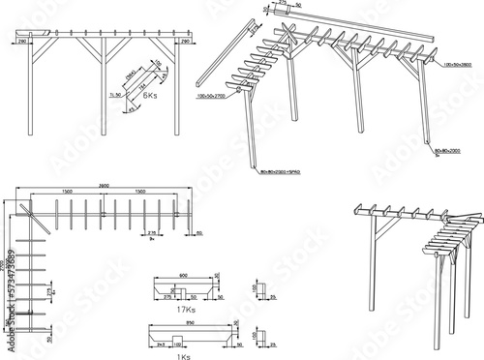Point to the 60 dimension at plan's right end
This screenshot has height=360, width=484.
coord(199,233)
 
